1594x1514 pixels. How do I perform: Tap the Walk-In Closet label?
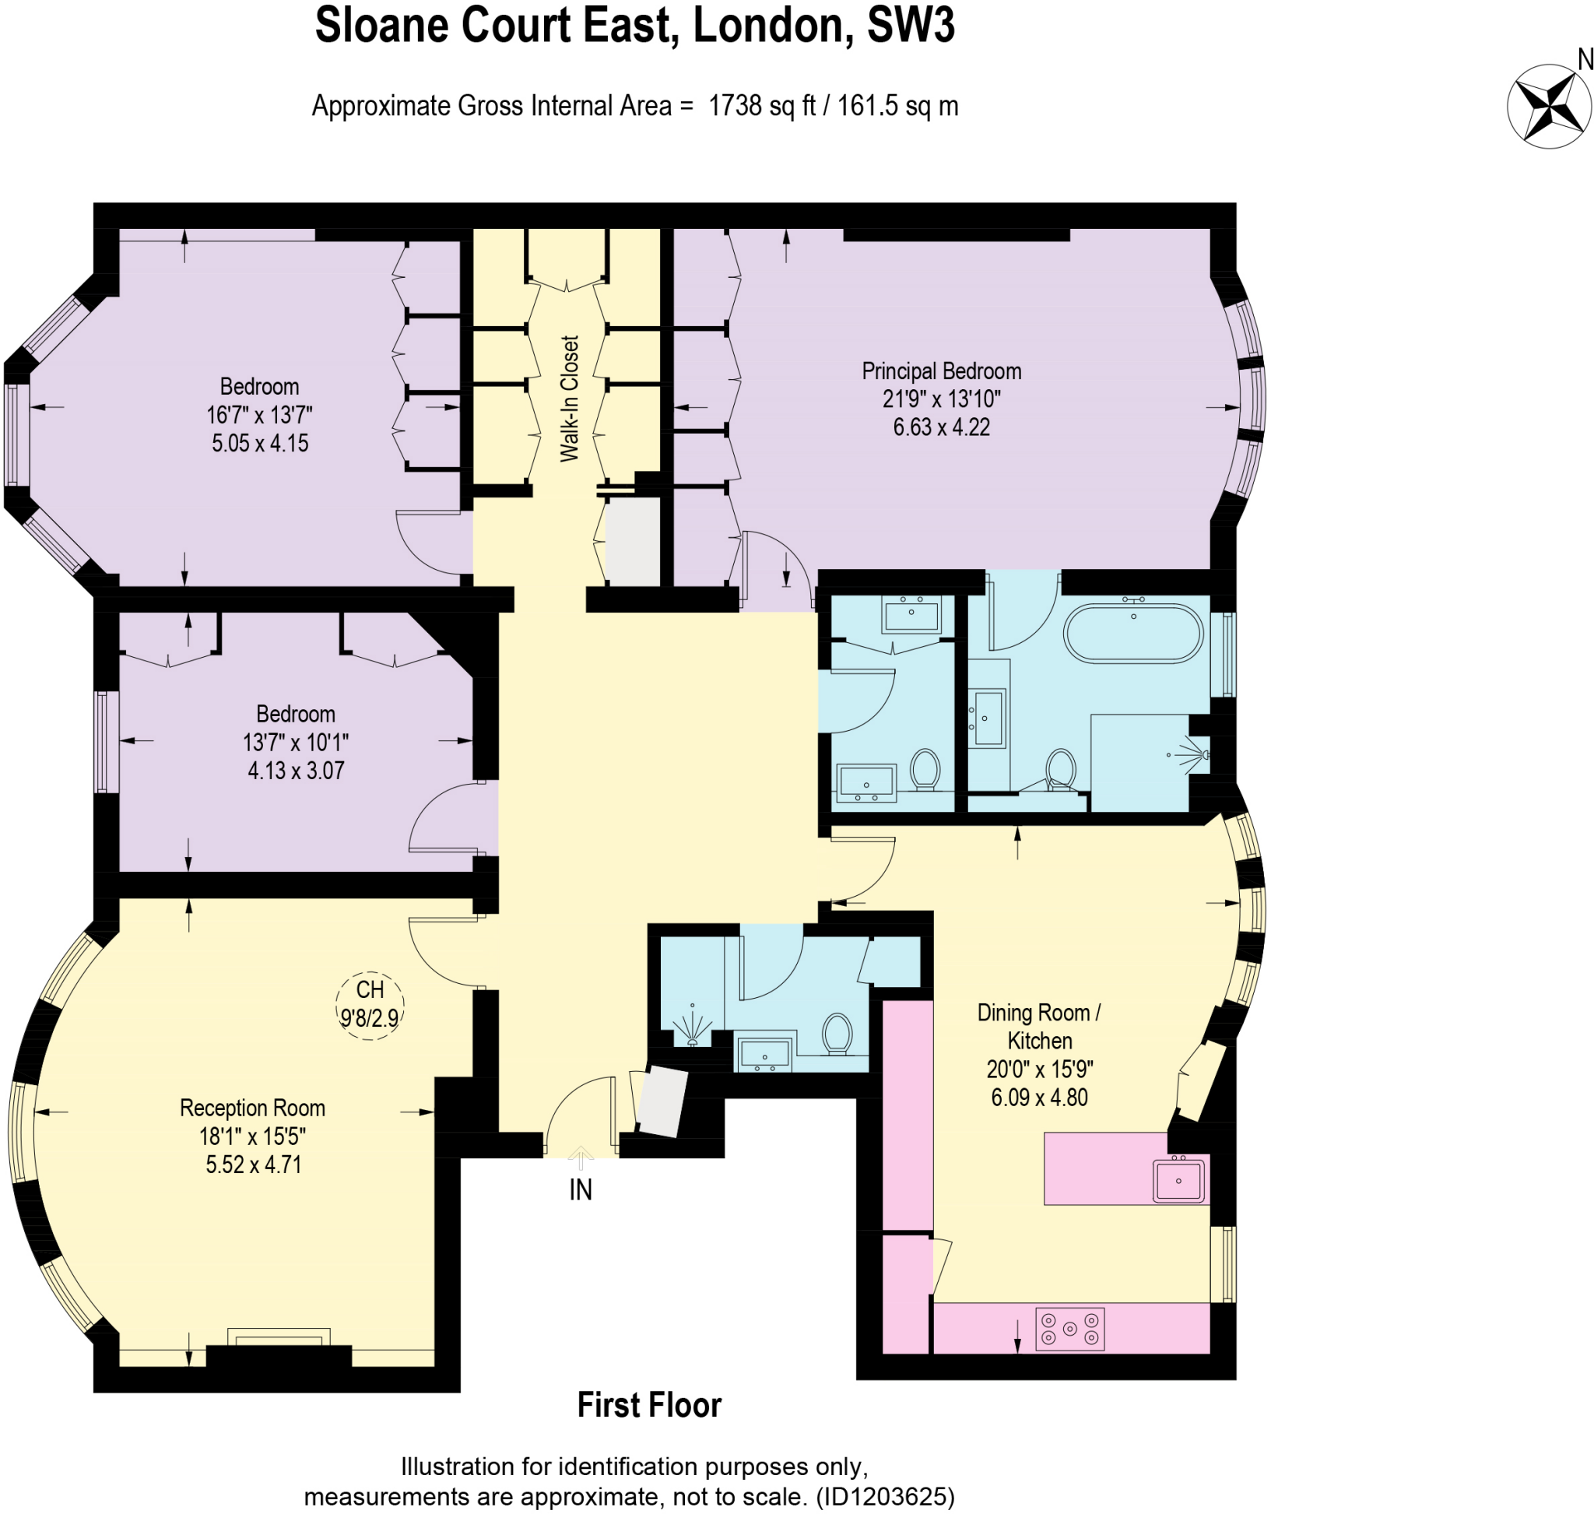tap(570, 399)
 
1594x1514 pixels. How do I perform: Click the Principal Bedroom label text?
tap(941, 371)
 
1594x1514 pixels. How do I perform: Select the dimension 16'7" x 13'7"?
tap(259, 415)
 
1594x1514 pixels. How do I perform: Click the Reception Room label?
tap(253, 1108)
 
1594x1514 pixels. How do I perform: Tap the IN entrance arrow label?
tap(581, 1189)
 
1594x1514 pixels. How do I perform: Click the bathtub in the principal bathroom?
tap(1133, 634)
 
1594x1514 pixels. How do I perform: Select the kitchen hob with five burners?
tap(1069, 1329)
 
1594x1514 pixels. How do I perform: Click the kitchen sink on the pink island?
tap(1178, 1181)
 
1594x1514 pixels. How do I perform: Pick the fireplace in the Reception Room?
tap(279, 1337)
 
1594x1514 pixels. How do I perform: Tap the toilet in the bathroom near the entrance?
tap(837, 1034)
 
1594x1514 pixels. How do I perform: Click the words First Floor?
tap(649, 1405)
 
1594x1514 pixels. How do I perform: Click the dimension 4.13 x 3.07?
tap(297, 770)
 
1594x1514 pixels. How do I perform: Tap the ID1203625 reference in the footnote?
tap(886, 1497)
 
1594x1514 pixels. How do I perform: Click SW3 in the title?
tap(911, 26)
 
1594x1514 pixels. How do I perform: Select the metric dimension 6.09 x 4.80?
tap(1040, 1098)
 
